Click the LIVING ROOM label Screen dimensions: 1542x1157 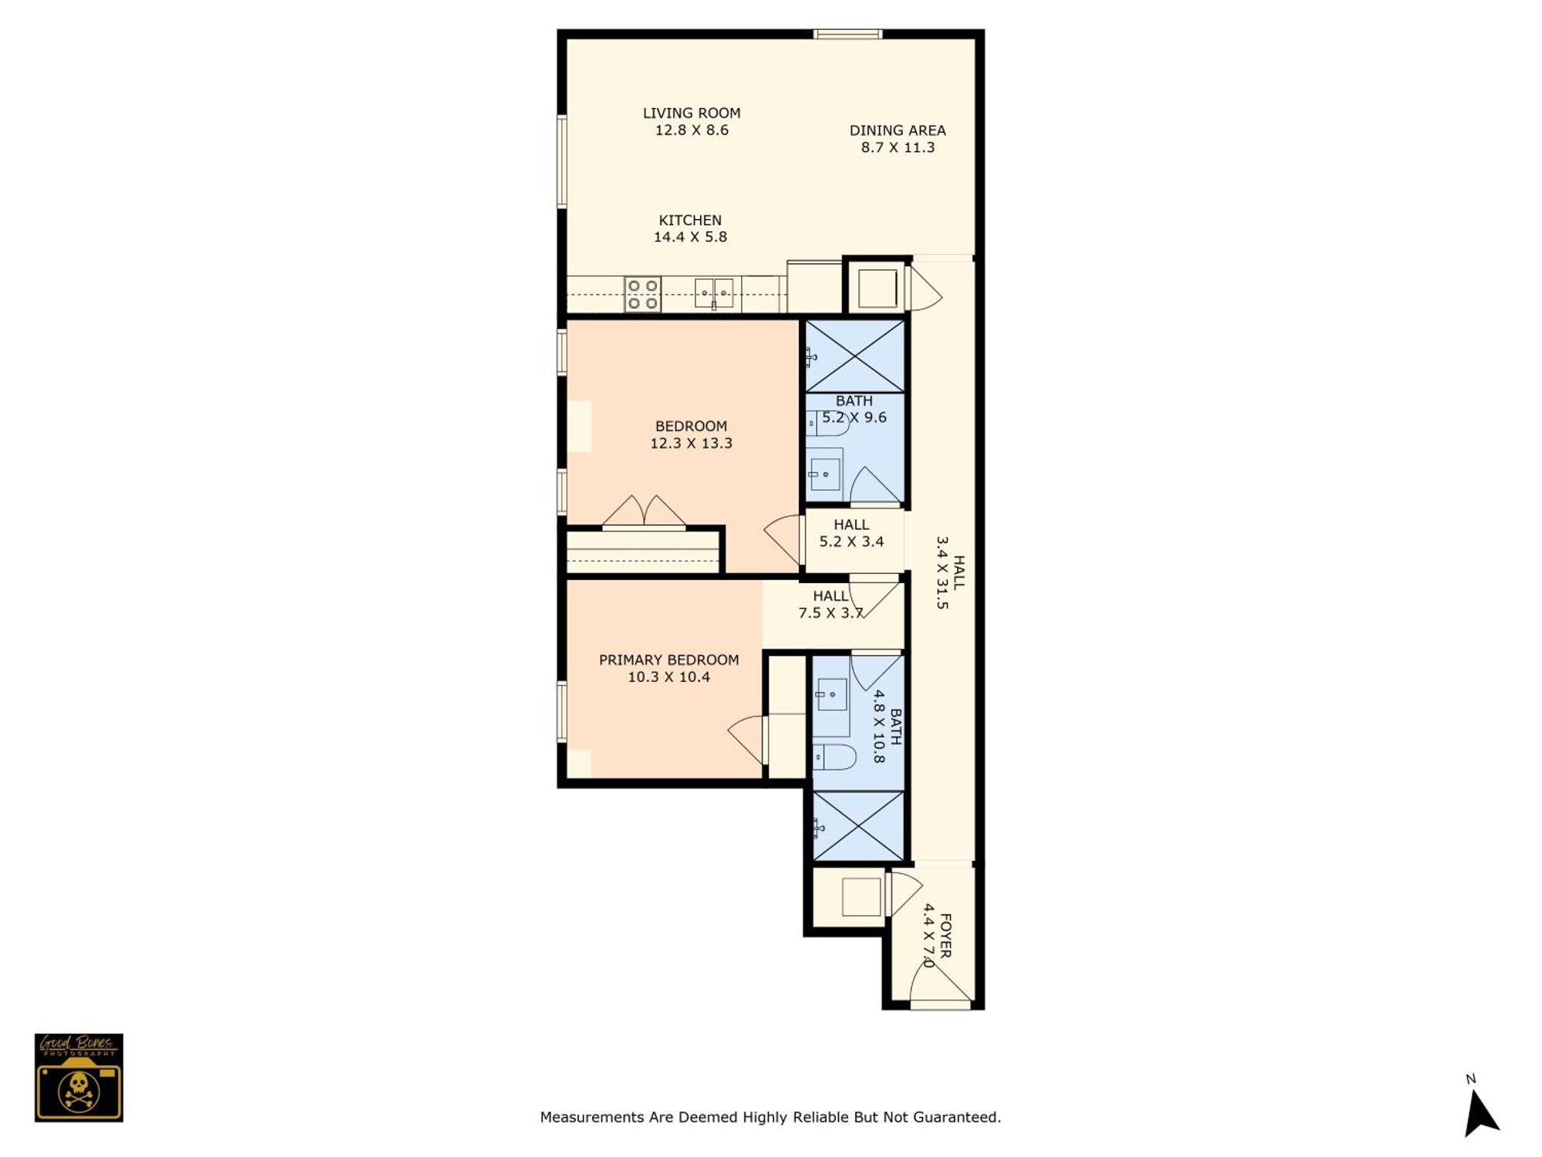point(692,113)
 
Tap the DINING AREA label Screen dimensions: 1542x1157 point(897,130)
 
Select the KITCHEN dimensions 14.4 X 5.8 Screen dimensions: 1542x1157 point(690,237)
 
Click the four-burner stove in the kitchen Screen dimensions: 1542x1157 point(642,295)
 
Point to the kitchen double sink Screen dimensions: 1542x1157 point(714,294)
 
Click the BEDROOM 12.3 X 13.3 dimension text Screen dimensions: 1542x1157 point(691,443)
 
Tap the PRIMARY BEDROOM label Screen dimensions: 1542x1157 point(668,659)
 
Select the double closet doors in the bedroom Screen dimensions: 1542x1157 point(644,512)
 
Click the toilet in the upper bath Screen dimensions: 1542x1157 point(827,423)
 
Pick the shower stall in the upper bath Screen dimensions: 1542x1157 point(855,356)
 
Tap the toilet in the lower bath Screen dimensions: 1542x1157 point(834,757)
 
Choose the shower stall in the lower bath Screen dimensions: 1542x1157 point(858,826)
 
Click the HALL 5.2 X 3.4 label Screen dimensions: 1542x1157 point(851,533)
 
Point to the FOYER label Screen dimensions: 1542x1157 point(946,936)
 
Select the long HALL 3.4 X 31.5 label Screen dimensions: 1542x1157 point(950,572)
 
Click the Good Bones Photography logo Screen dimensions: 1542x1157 point(79,1078)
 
